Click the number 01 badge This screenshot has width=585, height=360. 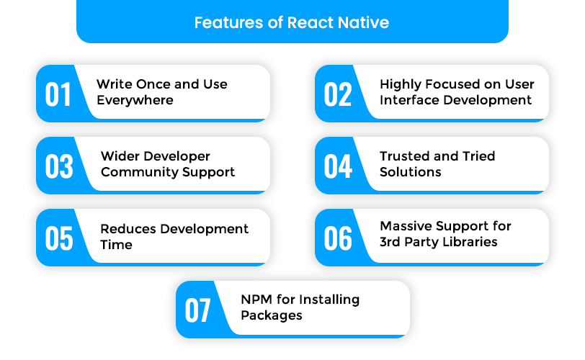click(58, 94)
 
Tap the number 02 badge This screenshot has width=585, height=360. click(338, 94)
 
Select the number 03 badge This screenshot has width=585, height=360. click(59, 166)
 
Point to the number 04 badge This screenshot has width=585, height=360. click(338, 166)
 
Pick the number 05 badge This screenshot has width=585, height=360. click(59, 238)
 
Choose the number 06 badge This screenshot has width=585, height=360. click(338, 238)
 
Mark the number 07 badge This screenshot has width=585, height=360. click(197, 310)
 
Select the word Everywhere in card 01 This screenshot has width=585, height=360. click(135, 101)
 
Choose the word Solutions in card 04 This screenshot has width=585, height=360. click(411, 172)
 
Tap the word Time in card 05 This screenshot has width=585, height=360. click(117, 245)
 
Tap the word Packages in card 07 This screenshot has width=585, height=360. click(272, 316)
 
